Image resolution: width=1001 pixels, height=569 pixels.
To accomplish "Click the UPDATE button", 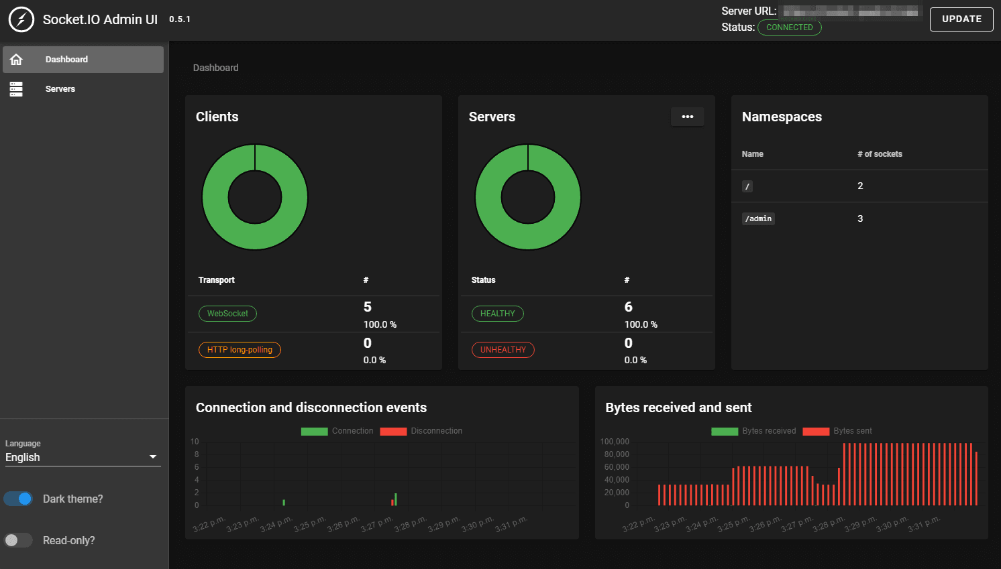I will pyautogui.click(x=961, y=19).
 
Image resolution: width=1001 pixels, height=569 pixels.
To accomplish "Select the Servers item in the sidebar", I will pyautogui.click(x=60, y=89).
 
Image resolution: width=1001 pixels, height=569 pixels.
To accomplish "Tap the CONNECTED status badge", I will pyautogui.click(x=789, y=27).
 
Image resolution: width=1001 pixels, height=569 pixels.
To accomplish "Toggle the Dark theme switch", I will pyautogui.click(x=18, y=499).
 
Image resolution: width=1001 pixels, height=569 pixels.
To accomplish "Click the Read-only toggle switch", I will pyautogui.click(x=18, y=540).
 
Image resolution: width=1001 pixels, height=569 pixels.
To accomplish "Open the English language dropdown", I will pyautogui.click(x=83, y=457).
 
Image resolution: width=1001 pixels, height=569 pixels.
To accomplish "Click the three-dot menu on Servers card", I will pyautogui.click(x=687, y=117).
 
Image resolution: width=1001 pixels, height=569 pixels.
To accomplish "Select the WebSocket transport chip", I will pyautogui.click(x=227, y=314).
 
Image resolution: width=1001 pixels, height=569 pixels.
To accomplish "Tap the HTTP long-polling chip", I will pyautogui.click(x=240, y=350).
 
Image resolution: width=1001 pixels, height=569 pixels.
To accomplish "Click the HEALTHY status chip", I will pyautogui.click(x=497, y=314).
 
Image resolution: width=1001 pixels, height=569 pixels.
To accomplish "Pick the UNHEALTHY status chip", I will pyautogui.click(x=503, y=350).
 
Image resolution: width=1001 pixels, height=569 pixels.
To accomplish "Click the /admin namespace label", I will pyautogui.click(x=758, y=218).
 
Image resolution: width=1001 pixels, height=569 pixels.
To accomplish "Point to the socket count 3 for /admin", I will pyautogui.click(x=860, y=218).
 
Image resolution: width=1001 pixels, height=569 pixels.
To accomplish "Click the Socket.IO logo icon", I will pyautogui.click(x=21, y=19).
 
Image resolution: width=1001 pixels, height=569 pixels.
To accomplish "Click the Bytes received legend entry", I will pyautogui.click(x=754, y=431).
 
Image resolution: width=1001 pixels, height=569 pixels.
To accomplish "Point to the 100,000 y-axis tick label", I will pyautogui.click(x=615, y=442).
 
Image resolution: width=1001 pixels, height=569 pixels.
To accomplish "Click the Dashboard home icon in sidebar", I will pyautogui.click(x=16, y=60).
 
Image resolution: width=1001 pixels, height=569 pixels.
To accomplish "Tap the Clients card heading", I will pyautogui.click(x=217, y=117).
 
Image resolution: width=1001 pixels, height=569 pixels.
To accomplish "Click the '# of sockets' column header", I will pyautogui.click(x=880, y=154).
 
